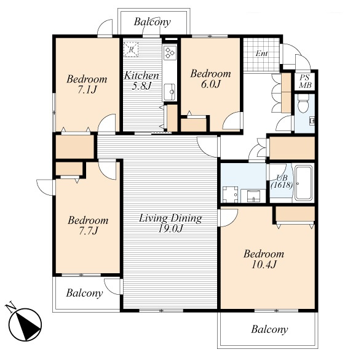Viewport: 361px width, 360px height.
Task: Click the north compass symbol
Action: pyautogui.click(x=25, y=324)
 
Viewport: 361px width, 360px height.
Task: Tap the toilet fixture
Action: pyautogui.click(x=303, y=104)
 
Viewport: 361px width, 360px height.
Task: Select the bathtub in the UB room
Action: pyautogui.click(x=303, y=183)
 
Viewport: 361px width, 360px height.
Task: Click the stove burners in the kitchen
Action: pyautogui.click(x=170, y=52)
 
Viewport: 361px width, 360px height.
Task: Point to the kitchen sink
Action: pyautogui.click(x=170, y=92)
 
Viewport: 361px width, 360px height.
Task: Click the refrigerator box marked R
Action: pyautogui.click(x=131, y=49)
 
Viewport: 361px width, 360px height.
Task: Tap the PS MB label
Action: pyautogui.click(x=305, y=81)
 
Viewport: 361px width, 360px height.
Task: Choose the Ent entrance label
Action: pyautogui.click(x=262, y=54)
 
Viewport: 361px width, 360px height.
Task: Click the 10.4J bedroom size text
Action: pyautogui.click(x=264, y=265)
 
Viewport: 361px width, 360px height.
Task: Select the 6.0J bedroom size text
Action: pyautogui.click(x=210, y=84)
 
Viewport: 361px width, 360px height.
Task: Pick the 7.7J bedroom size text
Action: pyautogui.click(x=89, y=231)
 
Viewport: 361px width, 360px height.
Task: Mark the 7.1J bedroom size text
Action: pyautogui.click(x=87, y=90)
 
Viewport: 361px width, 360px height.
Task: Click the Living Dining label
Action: pyautogui.click(x=170, y=218)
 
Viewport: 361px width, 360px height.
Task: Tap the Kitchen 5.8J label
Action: pyautogui.click(x=141, y=81)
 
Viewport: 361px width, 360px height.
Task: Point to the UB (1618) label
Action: pyautogui.click(x=282, y=182)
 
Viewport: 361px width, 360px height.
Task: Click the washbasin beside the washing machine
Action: pyautogui.click(x=253, y=196)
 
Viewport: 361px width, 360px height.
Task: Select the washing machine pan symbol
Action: pyautogui.click(x=230, y=194)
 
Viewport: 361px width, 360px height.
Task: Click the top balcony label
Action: pyautogui.click(x=152, y=22)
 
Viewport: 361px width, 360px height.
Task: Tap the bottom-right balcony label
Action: pyautogui.click(x=269, y=329)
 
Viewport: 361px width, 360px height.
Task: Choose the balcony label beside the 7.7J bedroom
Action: pyautogui.click(x=84, y=293)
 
